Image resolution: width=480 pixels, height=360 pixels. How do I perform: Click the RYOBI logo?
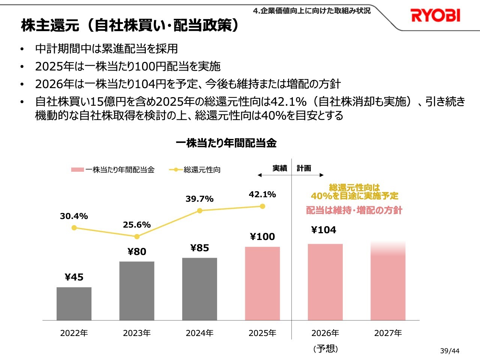[x=435, y=15]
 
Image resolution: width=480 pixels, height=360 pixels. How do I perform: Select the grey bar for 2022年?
[x=74, y=304]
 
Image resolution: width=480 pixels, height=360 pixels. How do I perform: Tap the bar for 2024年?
[x=199, y=289]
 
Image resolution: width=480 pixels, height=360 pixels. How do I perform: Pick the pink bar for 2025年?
[x=262, y=283]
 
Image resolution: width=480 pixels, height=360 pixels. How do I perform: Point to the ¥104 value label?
[x=324, y=230]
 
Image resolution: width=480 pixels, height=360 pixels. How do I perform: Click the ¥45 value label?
[x=74, y=277]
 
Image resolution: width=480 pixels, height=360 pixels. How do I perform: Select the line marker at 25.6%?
[x=137, y=237]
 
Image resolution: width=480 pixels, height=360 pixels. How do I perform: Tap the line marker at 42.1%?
[x=262, y=206]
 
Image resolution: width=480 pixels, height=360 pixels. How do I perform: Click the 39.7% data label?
[x=199, y=199]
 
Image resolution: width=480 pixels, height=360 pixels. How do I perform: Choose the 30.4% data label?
[x=74, y=216]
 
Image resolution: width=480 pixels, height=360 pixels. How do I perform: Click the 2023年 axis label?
[x=137, y=333]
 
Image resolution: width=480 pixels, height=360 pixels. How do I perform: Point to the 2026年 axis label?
[x=325, y=333]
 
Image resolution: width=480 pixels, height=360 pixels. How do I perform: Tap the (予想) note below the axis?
[x=325, y=349]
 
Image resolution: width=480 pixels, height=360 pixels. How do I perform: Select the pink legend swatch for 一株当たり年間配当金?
[x=78, y=170]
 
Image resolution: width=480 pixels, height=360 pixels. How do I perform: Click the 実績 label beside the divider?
[x=279, y=168]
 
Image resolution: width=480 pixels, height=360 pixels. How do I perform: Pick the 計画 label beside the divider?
[x=304, y=168]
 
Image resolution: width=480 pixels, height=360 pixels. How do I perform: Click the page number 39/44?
[x=450, y=351]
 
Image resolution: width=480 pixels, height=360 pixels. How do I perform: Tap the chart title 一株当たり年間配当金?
[x=226, y=143]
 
